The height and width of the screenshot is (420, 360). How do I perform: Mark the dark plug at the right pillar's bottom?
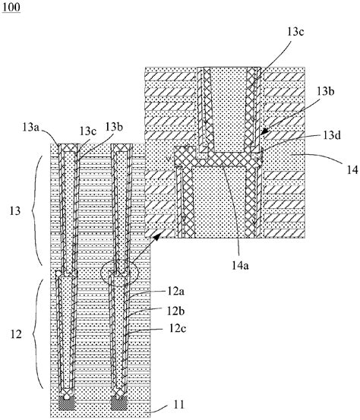coord(118,400)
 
